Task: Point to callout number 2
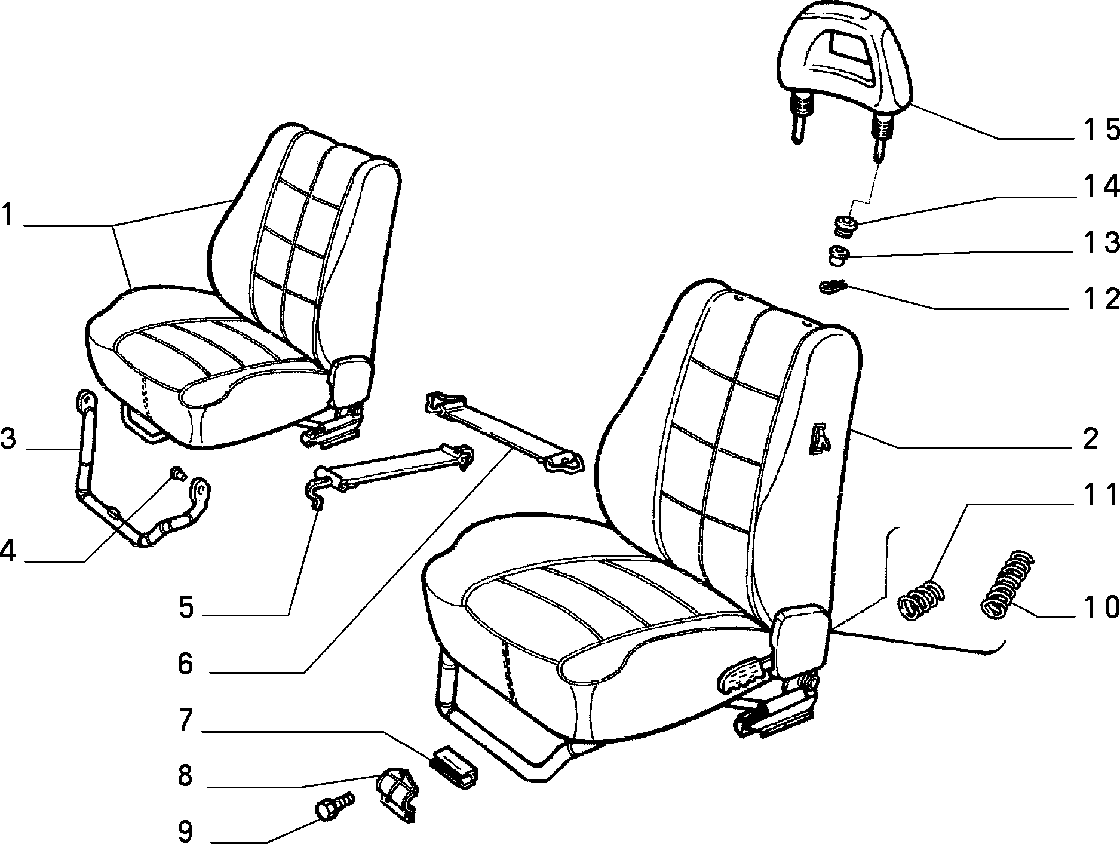[1090, 439]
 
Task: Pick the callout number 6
[186, 663]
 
